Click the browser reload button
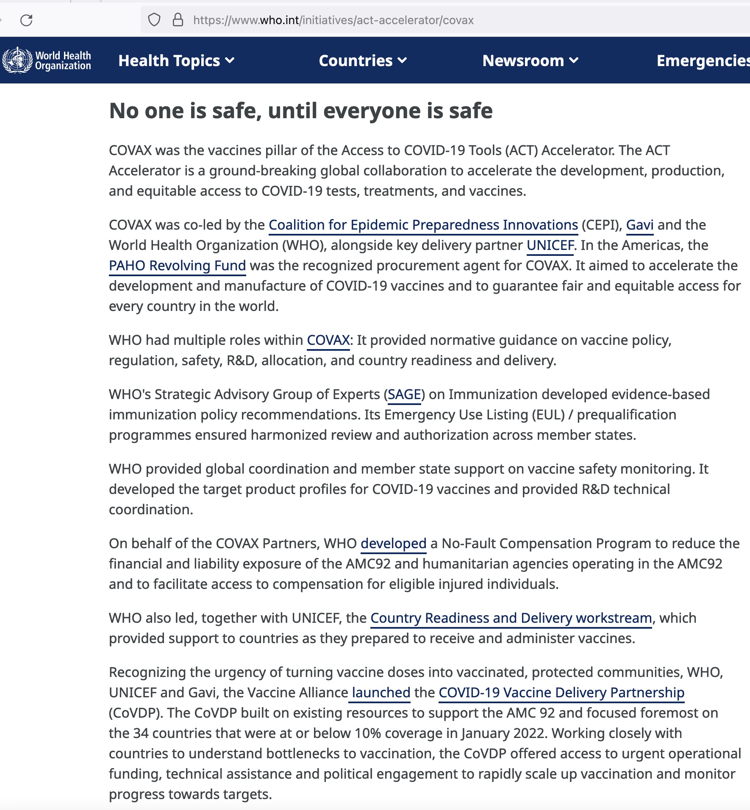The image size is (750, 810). click(26, 20)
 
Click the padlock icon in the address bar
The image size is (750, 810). click(178, 20)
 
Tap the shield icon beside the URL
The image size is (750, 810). click(154, 20)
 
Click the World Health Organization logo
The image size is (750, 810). click(47, 60)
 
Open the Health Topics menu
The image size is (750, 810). click(176, 61)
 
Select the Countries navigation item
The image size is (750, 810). click(363, 61)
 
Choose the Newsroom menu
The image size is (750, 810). click(530, 61)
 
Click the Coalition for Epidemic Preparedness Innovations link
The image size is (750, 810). click(423, 225)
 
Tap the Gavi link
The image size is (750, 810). click(639, 225)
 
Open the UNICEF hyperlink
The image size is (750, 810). click(550, 245)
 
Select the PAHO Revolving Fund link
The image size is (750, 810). click(177, 266)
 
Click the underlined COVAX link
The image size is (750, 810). click(328, 340)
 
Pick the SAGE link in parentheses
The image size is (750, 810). click(404, 394)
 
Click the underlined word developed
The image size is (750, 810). click(393, 544)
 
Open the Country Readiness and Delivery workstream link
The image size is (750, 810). click(511, 618)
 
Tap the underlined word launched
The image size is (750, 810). click(381, 693)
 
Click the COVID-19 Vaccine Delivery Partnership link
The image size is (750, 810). click(561, 693)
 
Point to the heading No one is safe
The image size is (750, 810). click(300, 111)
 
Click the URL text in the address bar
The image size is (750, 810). click(333, 20)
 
